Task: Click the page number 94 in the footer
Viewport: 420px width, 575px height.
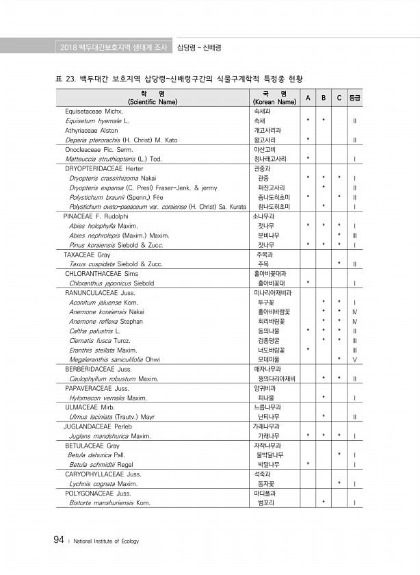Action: click(x=59, y=540)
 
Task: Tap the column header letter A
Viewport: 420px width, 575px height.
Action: click(x=309, y=97)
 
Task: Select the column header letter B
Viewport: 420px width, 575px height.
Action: click(x=324, y=97)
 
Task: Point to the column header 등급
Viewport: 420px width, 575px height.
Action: click(x=355, y=97)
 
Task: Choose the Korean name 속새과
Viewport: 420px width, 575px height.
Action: click(x=262, y=110)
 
